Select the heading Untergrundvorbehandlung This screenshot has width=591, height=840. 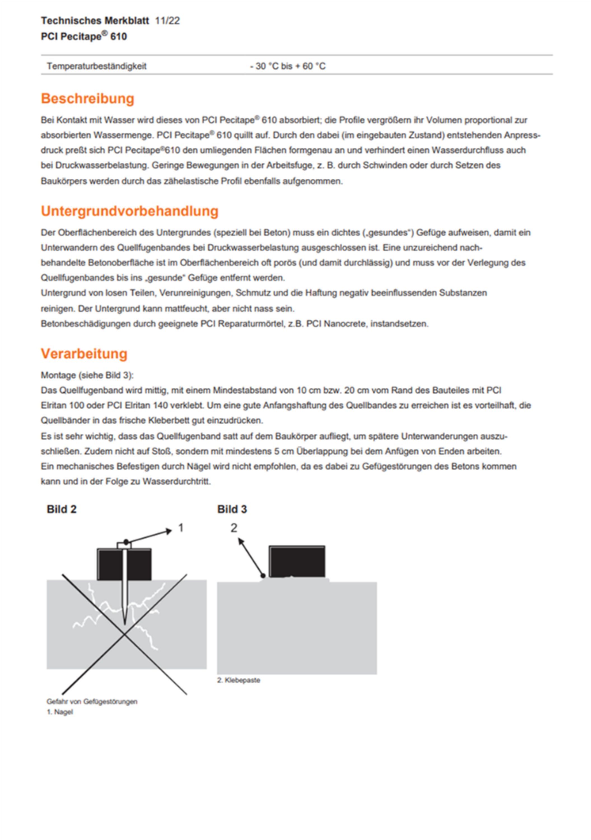[x=129, y=211]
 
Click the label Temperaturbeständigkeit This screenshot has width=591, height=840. [x=97, y=66]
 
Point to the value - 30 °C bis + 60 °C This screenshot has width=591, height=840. [x=288, y=66]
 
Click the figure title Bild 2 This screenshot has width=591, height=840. [x=61, y=509]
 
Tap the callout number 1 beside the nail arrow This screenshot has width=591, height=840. [x=181, y=528]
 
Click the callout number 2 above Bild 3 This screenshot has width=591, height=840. [x=234, y=528]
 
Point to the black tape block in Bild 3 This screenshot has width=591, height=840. [x=297, y=562]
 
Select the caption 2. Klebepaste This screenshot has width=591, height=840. [x=239, y=680]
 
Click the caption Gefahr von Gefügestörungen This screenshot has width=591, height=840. [x=92, y=701]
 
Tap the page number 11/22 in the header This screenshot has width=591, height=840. [x=167, y=21]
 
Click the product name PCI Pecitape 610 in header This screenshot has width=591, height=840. [x=84, y=37]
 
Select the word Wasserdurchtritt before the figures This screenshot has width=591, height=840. [x=176, y=482]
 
